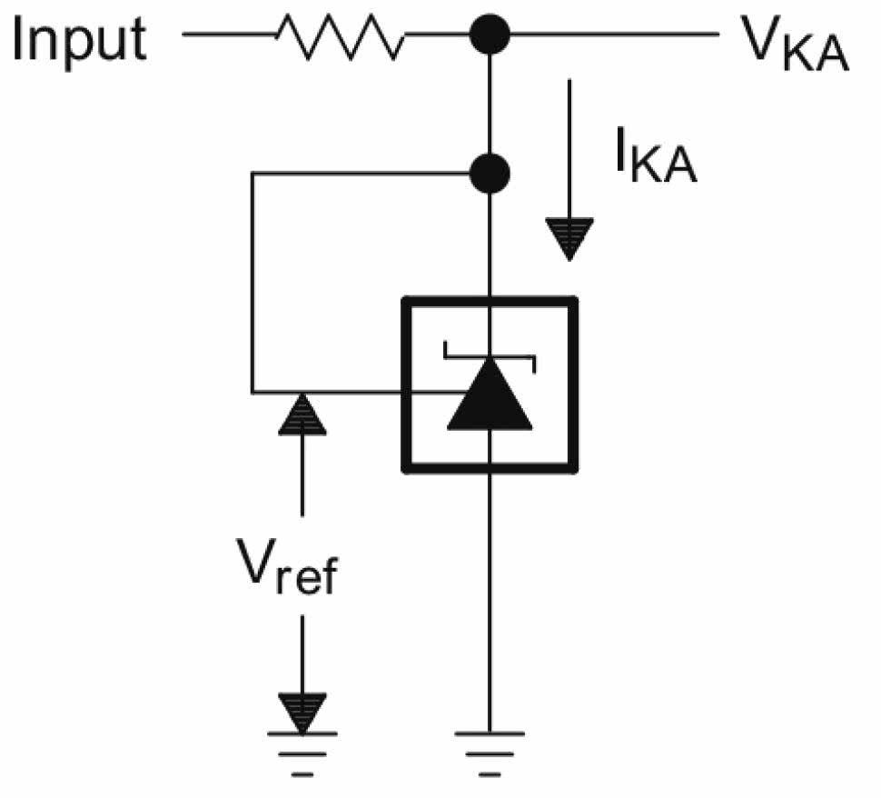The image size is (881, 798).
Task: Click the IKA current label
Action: (x=653, y=159)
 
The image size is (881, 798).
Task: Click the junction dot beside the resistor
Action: (x=490, y=36)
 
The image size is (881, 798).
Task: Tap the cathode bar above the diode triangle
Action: (x=490, y=345)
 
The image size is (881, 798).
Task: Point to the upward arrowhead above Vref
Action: (x=302, y=414)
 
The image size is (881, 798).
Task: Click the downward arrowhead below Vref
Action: (x=302, y=709)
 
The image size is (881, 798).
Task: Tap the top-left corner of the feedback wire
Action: (x=252, y=173)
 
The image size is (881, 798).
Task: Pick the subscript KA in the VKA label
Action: (x=820, y=56)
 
